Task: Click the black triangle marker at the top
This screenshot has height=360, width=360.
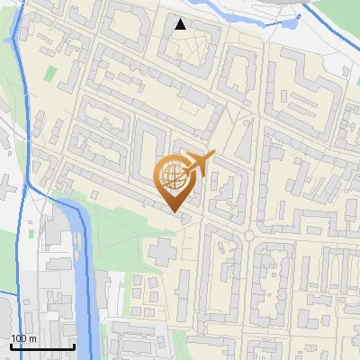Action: pos(181,24)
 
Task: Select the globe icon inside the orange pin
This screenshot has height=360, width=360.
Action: pos(175,177)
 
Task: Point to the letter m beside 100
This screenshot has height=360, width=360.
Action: pos(33,337)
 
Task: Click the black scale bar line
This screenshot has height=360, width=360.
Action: pos(41,346)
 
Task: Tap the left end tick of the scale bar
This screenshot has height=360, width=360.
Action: pos(11,345)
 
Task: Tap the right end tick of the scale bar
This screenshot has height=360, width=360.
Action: pos(73,345)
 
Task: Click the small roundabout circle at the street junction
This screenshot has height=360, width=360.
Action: pos(248,236)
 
